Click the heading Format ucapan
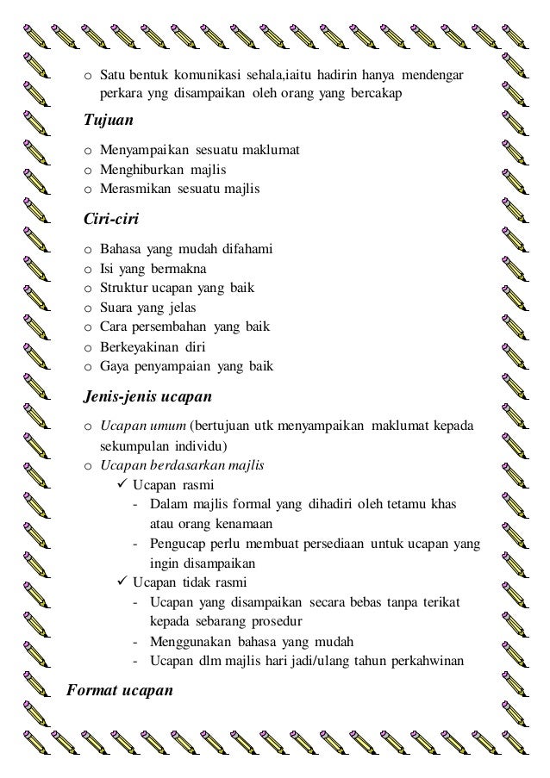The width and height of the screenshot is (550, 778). point(121,690)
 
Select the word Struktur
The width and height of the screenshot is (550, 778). point(123,287)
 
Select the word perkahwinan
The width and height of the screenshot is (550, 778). point(427,661)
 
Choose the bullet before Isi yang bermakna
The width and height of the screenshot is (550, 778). point(88,268)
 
